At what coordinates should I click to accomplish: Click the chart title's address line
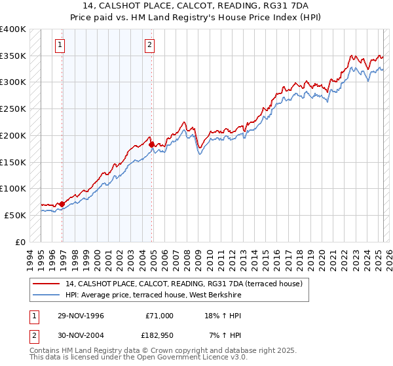[x=196, y=6]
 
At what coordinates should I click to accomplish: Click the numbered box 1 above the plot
[x=60, y=45]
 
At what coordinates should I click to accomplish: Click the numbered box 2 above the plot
[x=149, y=45]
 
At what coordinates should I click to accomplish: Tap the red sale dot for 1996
[x=62, y=204]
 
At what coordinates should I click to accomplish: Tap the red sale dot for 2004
[x=152, y=144]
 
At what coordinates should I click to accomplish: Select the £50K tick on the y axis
[x=15, y=215]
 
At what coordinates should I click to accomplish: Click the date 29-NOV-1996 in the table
[x=81, y=315]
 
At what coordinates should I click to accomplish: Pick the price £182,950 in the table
[x=159, y=335]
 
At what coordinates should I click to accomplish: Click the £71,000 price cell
[x=159, y=315]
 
